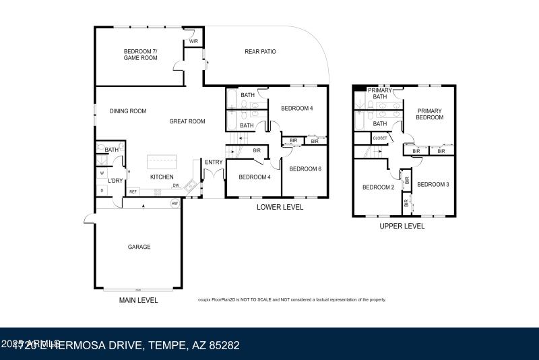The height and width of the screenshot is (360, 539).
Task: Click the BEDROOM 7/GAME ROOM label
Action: pyautogui.click(x=140, y=55)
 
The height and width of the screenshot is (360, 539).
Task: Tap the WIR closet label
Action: pyautogui.click(x=193, y=42)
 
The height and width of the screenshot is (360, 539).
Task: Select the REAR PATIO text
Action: pyautogui.click(x=260, y=52)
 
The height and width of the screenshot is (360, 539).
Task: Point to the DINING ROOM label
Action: pyautogui.click(x=128, y=111)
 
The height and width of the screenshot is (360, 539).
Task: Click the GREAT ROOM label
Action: pyautogui.click(x=187, y=121)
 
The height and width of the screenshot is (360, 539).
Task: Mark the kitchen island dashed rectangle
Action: pyautogui.click(x=162, y=162)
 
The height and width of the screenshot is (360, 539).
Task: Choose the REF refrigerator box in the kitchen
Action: pyautogui.click(x=133, y=192)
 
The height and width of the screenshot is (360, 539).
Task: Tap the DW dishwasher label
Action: pyautogui.click(x=175, y=185)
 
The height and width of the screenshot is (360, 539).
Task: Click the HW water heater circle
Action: pyautogui.click(x=175, y=203)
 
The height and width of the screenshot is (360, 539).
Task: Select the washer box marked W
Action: pyautogui.click(x=102, y=173)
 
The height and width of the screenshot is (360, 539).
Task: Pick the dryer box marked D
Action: pyautogui.click(x=102, y=191)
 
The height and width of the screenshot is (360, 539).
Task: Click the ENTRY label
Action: pyautogui.click(x=214, y=162)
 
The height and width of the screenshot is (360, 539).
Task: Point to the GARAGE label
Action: pyautogui.click(x=139, y=247)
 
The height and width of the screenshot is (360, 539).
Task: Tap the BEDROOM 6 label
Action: pyautogui.click(x=305, y=169)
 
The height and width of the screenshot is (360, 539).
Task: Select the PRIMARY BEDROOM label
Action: pyautogui.click(x=430, y=114)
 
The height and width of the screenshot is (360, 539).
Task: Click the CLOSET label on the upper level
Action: pyautogui.click(x=380, y=138)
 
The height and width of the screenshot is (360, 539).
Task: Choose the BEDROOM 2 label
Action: pyautogui.click(x=378, y=187)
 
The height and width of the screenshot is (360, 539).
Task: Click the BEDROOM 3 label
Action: pyautogui.click(x=433, y=184)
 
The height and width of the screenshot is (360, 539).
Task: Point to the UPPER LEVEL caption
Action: pyautogui.click(x=402, y=227)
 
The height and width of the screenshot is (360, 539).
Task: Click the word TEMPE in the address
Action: pyautogui.click(x=166, y=346)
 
